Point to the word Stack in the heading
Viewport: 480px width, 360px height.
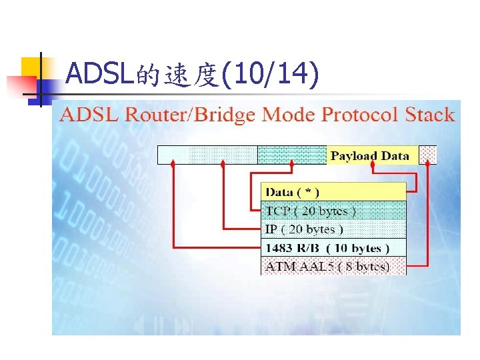[429, 115]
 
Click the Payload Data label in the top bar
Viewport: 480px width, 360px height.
[370, 155]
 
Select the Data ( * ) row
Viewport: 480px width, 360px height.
[333, 192]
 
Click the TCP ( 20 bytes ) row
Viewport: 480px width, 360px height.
[333, 211]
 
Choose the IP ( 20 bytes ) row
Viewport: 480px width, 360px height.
[333, 229]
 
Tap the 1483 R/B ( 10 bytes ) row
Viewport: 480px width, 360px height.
[333, 248]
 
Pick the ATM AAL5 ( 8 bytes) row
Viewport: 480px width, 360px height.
[333, 266]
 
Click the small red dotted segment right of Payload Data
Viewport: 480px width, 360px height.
[427, 155]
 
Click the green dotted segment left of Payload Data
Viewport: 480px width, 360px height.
[292, 155]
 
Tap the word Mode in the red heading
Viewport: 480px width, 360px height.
[289, 115]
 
